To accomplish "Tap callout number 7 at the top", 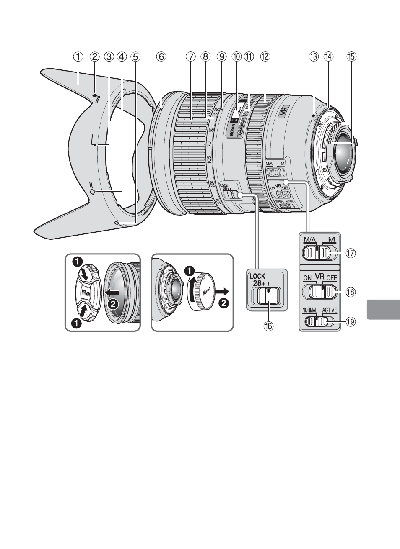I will (191, 56).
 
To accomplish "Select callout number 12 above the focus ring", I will (265, 56).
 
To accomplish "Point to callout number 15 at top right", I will (351, 56).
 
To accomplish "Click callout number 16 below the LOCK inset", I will (267, 326).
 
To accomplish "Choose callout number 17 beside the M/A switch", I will (351, 253).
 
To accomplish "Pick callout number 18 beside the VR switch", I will (351, 292).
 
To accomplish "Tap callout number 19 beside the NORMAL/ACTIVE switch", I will (351, 321).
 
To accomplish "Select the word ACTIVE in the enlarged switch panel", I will (330, 311).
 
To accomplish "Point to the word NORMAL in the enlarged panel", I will (309, 311).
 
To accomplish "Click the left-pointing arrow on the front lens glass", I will (112, 292).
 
